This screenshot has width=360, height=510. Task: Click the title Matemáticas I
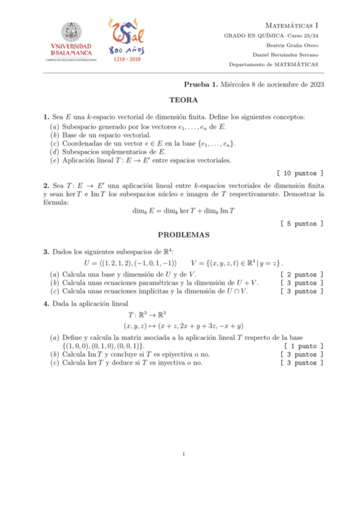point(291,26)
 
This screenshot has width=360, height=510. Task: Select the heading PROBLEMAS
point(183,235)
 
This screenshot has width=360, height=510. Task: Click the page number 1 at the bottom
point(183,453)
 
